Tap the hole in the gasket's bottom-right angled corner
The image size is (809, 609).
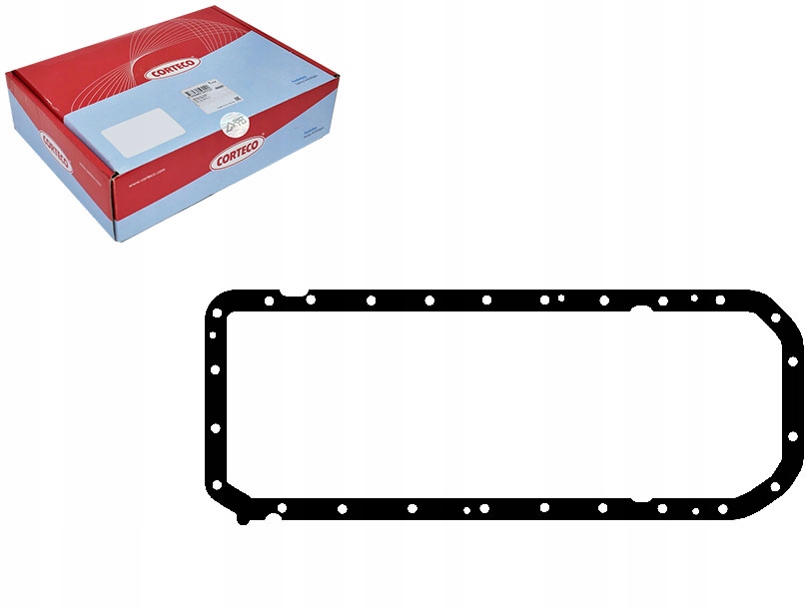point(775,486)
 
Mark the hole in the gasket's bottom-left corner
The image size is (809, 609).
point(217,486)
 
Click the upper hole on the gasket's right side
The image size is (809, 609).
point(792,361)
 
